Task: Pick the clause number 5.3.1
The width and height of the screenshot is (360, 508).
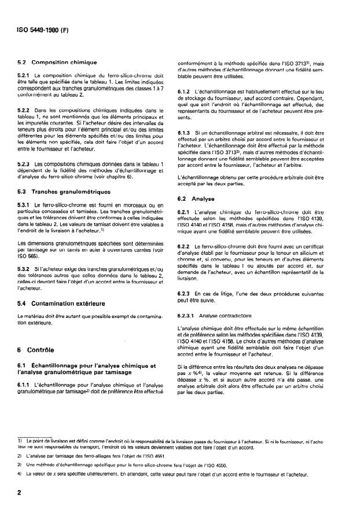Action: (25, 204)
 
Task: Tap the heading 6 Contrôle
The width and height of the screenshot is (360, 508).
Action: (35, 350)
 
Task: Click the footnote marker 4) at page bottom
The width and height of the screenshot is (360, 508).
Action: (20, 473)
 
